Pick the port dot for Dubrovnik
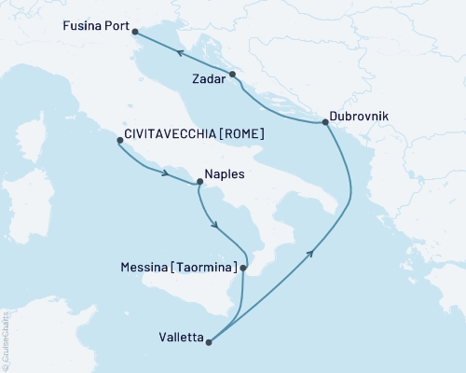point(325,123)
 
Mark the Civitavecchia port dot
point(119,141)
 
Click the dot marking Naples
point(199,183)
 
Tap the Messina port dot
point(243,269)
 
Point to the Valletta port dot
point(209,342)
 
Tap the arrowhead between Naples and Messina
point(216,227)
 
